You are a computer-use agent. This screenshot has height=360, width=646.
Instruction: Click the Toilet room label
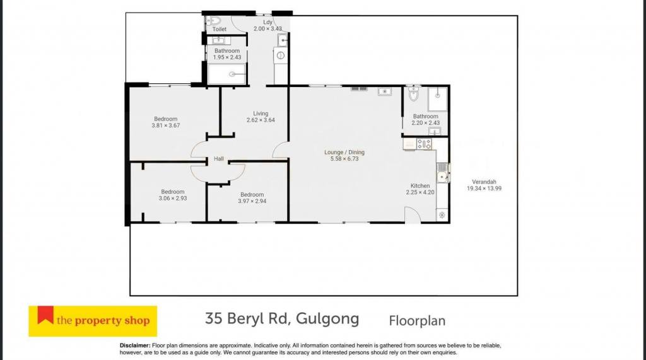point(219,29)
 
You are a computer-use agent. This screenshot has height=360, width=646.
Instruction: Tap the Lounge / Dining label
point(344,152)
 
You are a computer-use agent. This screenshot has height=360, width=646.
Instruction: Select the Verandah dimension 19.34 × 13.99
point(484,189)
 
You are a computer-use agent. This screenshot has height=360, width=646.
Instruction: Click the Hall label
point(219,159)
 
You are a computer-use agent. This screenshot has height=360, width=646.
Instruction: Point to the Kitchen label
point(420,186)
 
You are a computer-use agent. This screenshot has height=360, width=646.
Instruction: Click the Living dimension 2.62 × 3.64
point(261,120)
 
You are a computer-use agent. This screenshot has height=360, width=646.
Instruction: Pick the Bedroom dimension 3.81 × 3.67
point(166,125)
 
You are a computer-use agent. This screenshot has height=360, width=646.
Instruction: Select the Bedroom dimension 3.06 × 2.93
point(173,198)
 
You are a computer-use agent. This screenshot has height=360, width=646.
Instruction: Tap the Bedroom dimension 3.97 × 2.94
point(252,201)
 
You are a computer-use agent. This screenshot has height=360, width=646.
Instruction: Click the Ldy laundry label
point(267,22)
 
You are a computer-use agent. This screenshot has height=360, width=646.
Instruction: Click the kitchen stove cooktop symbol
point(424,144)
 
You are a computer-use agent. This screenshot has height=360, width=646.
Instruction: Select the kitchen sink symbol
point(442,173)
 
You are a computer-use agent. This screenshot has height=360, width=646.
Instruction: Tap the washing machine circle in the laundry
point(281,55)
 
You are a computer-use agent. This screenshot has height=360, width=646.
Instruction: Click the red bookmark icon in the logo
point(45,314)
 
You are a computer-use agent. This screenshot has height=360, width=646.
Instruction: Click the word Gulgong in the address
point(327,319)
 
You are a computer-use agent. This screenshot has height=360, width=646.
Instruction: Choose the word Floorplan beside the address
point(417,321)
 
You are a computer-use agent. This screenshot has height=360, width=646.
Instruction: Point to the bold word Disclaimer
point(135,345)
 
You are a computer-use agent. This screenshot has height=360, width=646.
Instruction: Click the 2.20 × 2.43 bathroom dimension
point(426,123)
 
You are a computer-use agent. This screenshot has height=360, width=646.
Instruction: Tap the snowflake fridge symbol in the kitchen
point(442,214)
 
